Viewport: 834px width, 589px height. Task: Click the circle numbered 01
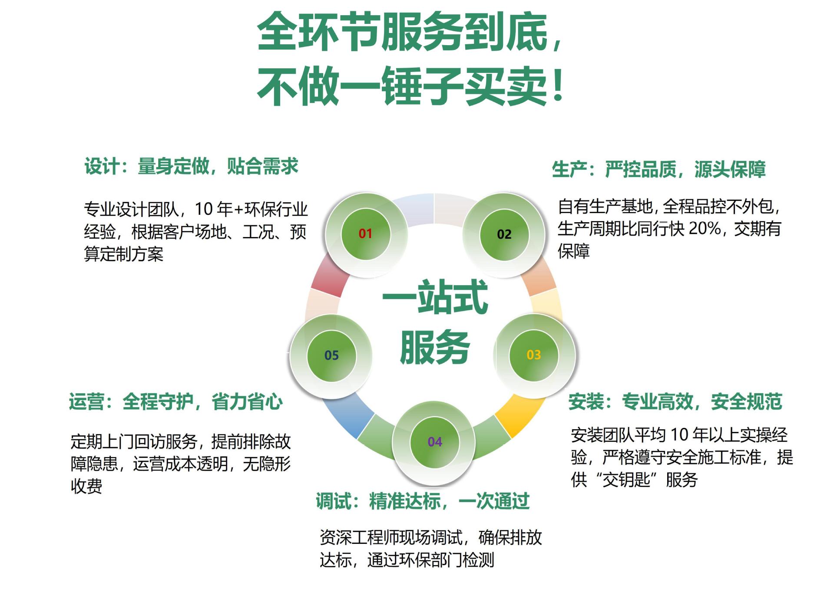pos(365,234)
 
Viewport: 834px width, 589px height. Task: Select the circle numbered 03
pos(533,355)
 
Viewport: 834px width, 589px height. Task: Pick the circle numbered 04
pos(434,442)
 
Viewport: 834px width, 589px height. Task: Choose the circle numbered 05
pos(331,355)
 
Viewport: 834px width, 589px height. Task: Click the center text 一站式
pos(435,297)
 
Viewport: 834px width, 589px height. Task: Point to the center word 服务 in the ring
pos(435,347)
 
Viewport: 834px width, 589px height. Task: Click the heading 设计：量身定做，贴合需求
pos(191,167)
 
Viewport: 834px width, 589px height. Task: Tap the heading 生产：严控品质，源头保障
pos(659,169)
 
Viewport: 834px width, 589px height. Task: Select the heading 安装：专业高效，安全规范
pos(675,401)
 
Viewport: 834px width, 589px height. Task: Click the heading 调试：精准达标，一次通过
pos(423,501)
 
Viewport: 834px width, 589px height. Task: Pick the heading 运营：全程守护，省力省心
pos(176,401)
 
